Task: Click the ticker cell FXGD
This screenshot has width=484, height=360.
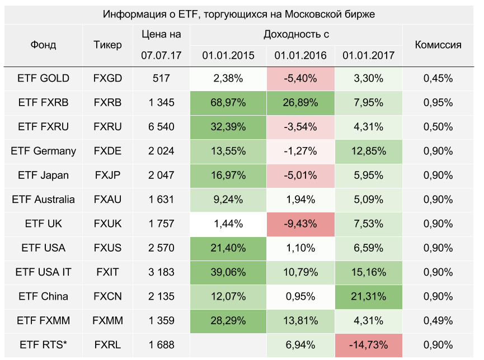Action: [107, 78]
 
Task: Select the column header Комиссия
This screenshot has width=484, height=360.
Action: [438, 45]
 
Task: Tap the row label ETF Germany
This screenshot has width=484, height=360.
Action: [43, 151]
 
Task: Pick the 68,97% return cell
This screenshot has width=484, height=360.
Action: [228, 102]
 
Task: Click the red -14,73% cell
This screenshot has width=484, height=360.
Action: [369, 344]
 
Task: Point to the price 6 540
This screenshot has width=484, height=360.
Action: [161, 127]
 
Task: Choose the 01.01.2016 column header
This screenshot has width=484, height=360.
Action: [301, 56]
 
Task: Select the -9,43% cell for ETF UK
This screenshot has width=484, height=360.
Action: [301, 224]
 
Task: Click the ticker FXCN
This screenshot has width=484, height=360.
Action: [107, 296]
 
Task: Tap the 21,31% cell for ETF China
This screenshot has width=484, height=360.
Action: [369, 296]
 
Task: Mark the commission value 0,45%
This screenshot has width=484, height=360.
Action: [438, 78]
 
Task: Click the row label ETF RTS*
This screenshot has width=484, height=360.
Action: [43, 344]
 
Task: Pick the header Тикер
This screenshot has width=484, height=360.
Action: [107, 45]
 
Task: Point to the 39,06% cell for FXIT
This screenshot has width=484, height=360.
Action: [228, 272]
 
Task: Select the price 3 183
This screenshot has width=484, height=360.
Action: [161, 272]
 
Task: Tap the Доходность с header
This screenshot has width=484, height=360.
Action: [296, 34]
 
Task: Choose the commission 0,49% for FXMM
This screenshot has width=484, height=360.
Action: [438, 320]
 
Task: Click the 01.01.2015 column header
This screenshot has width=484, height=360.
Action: [228, 56]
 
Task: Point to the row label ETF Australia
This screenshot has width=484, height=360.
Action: [43, 200]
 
